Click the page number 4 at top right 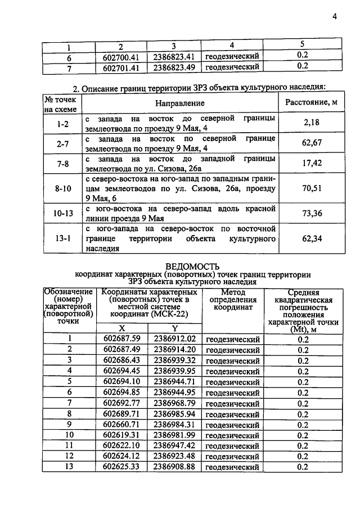[x=334, y=16]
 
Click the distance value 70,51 [x=311, y=188]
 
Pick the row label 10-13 [x=63, y=214]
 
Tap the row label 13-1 [x=63, y=238]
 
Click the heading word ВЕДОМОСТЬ [x=193, y=266]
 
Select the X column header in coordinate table [x=121, y=328]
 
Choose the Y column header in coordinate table [x=174, y=328]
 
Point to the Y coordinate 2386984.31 [x=174, y=425]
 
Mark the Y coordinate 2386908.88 [x=174, y=467]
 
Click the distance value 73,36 [x=311, y=214]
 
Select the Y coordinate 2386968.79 [x=174, y=403]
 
